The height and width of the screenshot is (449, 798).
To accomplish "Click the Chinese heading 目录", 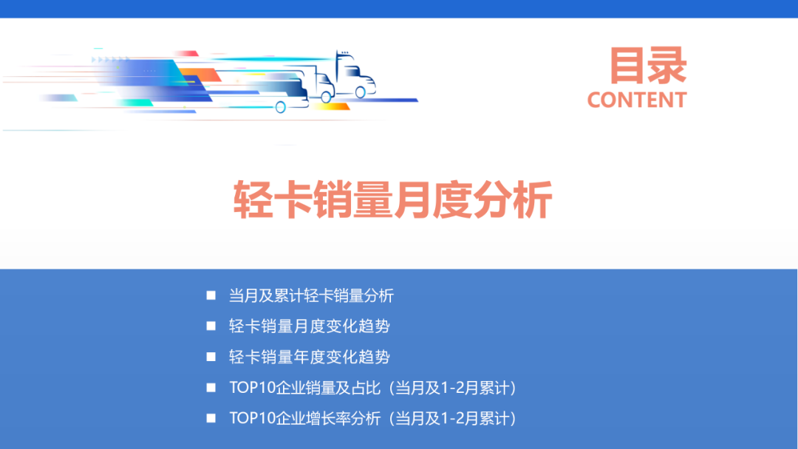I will (x=647, y=66).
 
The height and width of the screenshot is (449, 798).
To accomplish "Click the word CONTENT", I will (x=637, y=100).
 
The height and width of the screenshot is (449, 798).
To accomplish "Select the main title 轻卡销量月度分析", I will (x=393, y=199).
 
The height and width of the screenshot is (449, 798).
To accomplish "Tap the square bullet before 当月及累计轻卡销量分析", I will (x=211, y=295).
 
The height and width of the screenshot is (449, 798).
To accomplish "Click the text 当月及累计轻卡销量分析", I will (x=311, y=296).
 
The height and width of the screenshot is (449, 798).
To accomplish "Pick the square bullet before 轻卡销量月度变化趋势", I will (x=211, y=326).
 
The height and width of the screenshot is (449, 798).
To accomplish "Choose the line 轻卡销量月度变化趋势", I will (x=309, y=326).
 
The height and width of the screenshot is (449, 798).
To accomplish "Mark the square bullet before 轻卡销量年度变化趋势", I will (x=211, y=357).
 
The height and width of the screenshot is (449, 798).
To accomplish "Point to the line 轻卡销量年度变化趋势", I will (x=309, y=357).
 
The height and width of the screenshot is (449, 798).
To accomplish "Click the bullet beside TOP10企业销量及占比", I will (x=211, y=388).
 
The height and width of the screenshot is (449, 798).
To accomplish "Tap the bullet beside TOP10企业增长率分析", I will (x=211, y=418).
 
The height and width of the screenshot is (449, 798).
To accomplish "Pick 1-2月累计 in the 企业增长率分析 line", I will (x=471, y=419).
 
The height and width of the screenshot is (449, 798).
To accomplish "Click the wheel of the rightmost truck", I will (x=360, y=92).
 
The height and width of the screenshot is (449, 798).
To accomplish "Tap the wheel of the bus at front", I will (x=281, y=107).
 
